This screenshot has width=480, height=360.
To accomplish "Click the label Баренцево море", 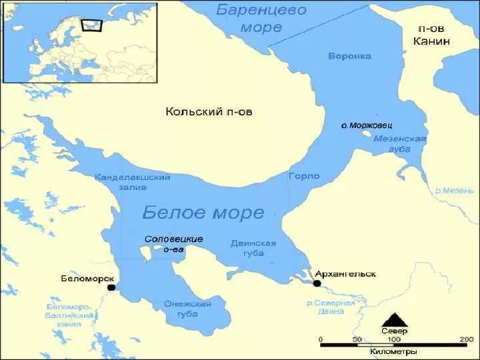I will [261, 19].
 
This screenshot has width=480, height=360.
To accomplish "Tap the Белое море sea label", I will [203, 213].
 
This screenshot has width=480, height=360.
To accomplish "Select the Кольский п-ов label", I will [209, 112].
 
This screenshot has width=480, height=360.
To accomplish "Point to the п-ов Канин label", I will [433, 35].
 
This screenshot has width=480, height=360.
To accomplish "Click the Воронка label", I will [349, 56].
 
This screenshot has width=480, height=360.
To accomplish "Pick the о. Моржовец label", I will [366, 125].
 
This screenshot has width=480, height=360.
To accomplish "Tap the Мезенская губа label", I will [399, 143].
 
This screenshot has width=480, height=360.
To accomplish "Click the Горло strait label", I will [304, 177].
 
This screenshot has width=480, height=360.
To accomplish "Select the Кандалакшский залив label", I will [133, 182].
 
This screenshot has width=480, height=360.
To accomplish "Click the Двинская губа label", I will [253, 248].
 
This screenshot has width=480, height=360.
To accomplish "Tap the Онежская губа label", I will [187, 309].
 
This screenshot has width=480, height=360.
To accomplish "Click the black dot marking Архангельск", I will [317, 283].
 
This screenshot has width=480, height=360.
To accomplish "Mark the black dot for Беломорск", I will [111, 287].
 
